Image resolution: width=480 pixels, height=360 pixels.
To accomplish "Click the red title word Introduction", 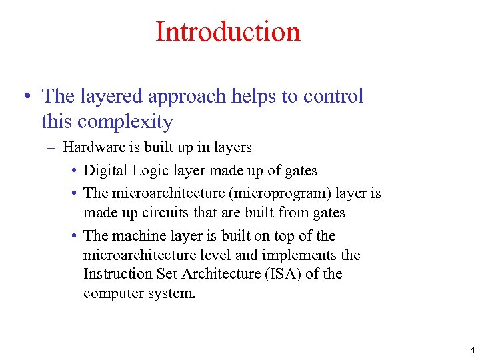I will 227,31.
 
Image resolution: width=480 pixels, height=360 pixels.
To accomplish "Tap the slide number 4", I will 473,349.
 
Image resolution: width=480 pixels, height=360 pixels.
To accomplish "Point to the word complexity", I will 125,122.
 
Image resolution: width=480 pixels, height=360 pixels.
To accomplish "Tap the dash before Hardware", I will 54,147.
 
